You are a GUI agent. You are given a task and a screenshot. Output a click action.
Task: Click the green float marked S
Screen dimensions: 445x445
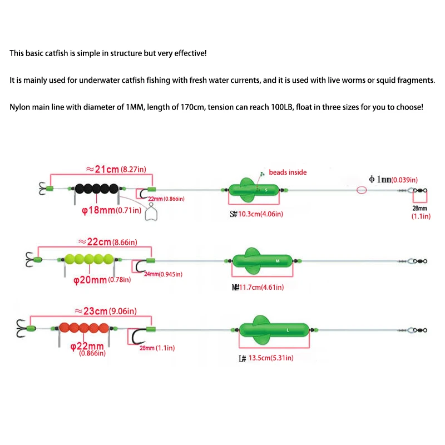click(x=254, y=190)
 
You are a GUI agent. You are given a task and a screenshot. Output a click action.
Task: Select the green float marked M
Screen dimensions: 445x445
click(x=262, y=261)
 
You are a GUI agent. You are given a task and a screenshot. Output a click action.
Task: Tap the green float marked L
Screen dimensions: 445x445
click(x=274, y=330)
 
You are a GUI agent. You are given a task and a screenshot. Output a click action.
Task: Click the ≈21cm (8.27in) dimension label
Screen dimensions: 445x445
click(x=116, y=169)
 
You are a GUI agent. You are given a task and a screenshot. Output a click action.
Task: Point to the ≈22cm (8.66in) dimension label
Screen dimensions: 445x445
click(x=107, y=242)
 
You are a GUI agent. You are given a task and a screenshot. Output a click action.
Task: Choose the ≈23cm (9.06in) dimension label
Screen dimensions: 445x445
click(x=106, y=311)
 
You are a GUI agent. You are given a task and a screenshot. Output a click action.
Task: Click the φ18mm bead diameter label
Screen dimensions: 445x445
click(x=111, y=210)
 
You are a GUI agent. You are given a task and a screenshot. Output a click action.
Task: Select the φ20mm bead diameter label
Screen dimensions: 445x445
click(x=102, y=280)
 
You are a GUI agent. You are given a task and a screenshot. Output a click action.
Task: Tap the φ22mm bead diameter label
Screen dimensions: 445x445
click(x=88, y=349)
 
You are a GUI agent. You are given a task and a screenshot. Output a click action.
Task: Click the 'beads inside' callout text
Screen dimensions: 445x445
click(x=288, y=172)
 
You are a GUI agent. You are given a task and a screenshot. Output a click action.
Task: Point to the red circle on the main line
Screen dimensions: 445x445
click(x=362, y=190)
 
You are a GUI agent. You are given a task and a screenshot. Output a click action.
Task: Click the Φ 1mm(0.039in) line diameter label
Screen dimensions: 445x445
click(x=393, y=179)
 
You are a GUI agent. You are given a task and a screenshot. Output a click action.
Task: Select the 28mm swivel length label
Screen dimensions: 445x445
click(x=421, y=212)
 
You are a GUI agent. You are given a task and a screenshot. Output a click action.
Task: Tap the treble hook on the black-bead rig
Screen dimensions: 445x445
click(x=43, y=189)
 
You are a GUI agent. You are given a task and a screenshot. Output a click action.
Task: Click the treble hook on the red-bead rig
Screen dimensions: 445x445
click(x=21, y=328)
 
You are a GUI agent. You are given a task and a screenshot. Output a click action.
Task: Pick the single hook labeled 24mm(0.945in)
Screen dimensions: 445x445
click(x=141, y=265)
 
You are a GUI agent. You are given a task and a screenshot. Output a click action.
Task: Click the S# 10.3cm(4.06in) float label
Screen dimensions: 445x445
click(x=256, y=214)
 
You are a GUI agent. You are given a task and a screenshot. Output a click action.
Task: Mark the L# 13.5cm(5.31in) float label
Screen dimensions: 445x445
click(x=266, y=358)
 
